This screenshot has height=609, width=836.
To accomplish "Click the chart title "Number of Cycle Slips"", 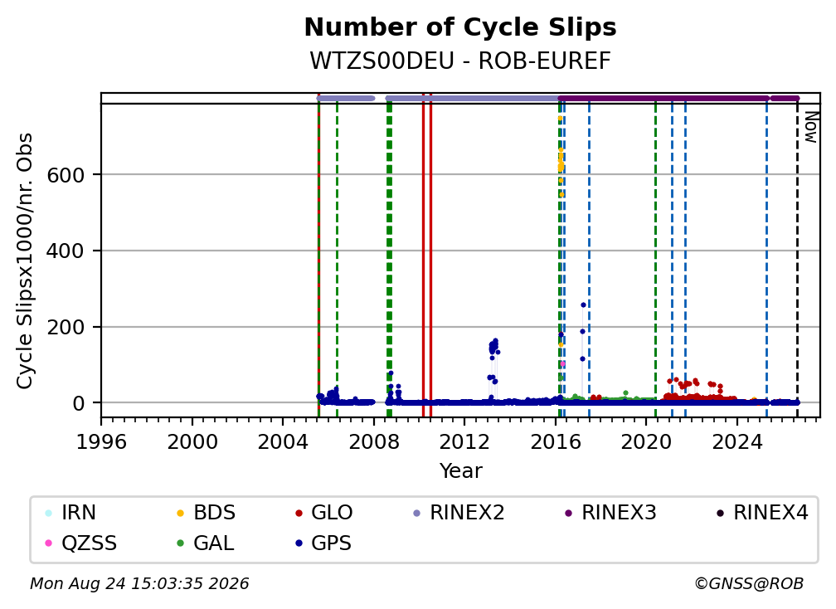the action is point(460,27).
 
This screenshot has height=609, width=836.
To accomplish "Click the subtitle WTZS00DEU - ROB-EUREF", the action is point(460,61).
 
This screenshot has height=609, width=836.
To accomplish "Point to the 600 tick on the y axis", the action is point(66,175).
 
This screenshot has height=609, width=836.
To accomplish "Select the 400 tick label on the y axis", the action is point(66,251).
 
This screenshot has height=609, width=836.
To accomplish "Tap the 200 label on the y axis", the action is point(66,327).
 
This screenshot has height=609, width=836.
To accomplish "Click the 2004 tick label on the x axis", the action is point(283,442).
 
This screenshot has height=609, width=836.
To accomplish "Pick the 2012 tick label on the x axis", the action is point(464,442).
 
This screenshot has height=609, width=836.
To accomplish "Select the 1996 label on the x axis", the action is point(101,442).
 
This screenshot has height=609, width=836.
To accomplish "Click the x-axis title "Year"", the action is point(460,471).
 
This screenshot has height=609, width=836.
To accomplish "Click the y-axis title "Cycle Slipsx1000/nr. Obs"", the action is point(25,261).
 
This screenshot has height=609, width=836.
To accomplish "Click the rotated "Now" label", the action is point(810,127).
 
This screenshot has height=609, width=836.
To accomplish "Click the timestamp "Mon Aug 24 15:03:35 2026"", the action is point(139,583).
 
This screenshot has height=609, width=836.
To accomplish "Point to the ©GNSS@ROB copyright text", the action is point(749,583).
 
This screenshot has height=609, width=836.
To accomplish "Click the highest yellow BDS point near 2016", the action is point(560,119).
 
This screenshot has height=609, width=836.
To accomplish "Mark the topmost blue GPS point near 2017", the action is point(583,305).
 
